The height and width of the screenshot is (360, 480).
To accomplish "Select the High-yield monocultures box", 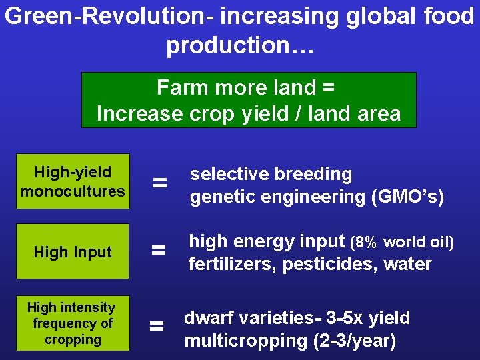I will (73, 182).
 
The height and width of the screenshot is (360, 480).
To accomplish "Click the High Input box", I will (73, 252).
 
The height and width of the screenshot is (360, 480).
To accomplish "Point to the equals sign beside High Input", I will (159, 251).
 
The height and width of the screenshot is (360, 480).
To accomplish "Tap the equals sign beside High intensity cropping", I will (157, 326).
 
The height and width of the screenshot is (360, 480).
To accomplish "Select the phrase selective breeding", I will (271, 174).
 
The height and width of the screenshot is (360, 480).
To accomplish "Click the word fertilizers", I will (233, 265).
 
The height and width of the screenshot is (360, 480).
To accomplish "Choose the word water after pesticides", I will (407, 265).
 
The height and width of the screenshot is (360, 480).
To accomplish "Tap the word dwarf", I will (207, 318).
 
